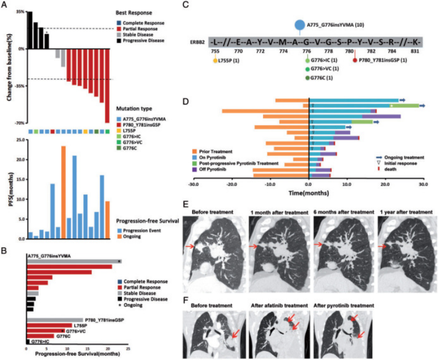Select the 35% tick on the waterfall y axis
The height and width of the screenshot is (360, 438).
[x=19, y=12]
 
